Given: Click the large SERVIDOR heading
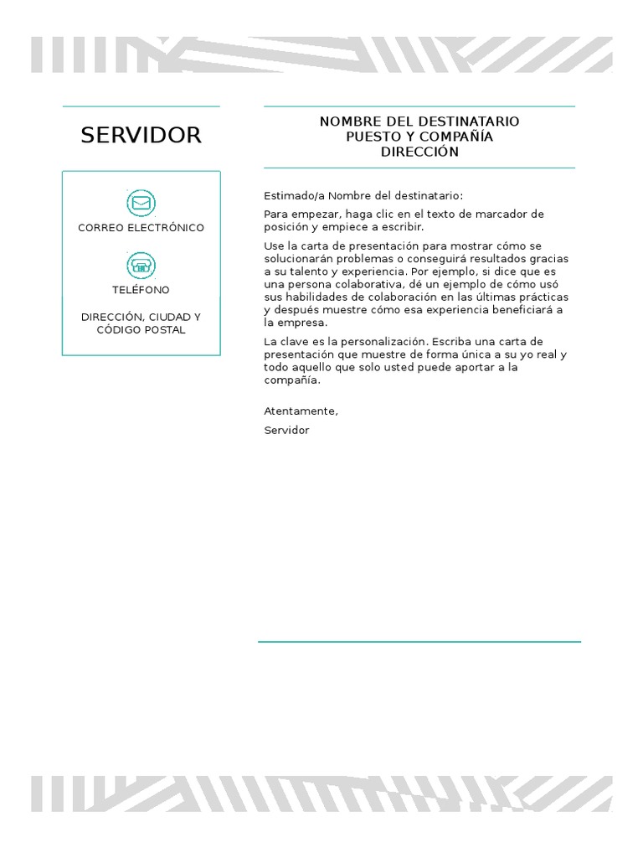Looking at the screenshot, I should pyautogui.click(x=141, y=136).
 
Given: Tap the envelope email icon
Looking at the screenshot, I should pyautogui.click(x=141, y=203).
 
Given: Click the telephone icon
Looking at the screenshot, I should pyautogui.click(x=141, y=266).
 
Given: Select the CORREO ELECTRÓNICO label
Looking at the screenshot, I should pyautogui.click(x=141, y=228).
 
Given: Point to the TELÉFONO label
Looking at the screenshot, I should pyautogui.click(x=141, y=290).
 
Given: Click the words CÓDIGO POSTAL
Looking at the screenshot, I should pyautogui.click(x=141, y=330).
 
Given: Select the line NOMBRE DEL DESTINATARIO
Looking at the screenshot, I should pyautogui.click(x=419, y=121).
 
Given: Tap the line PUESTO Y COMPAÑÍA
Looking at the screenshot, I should pyautogui.click(x=419, y=137).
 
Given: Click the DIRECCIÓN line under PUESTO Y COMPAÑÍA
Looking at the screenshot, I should pyautogui.click(x=419, y=152).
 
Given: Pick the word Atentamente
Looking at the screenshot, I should pyautogui.click(x=301, y=411).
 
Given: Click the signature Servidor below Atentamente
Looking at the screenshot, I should pyautogui.click(x=286, y=431).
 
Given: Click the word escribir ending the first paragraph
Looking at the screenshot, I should pyautogui.click(x=402, y=227).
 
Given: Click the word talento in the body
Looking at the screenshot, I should pyautogui.click(x=306, y=272).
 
